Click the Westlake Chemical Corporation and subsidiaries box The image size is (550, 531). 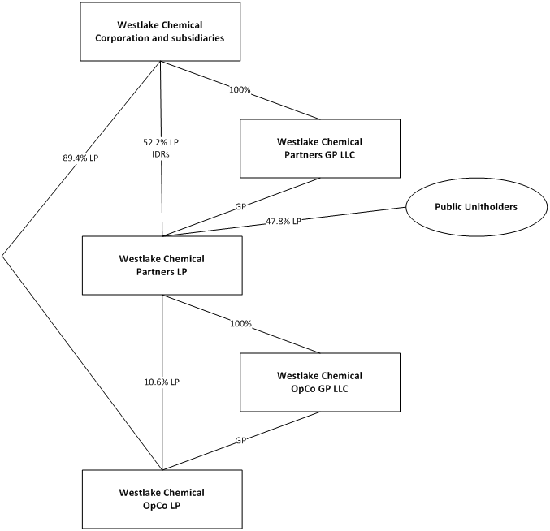[160, 32]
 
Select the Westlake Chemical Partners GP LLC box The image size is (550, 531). [319, 149]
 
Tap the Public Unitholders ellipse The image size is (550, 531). [475, 207]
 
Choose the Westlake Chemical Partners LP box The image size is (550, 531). [162, 265]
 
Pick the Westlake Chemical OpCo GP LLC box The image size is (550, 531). [319, 382]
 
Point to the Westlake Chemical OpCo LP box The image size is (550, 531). [162, 499]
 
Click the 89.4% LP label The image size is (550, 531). [80, 158]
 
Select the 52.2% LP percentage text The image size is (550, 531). [161, 141]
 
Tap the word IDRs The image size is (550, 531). [161, 153]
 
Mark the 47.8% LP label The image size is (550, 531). [284, 222]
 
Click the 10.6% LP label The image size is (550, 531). [162, 382]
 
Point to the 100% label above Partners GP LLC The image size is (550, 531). [240, 91]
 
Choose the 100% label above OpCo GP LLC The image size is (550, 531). [241, 324]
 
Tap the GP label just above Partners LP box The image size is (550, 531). [241, 208]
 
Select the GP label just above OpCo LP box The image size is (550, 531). [241, 441]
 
